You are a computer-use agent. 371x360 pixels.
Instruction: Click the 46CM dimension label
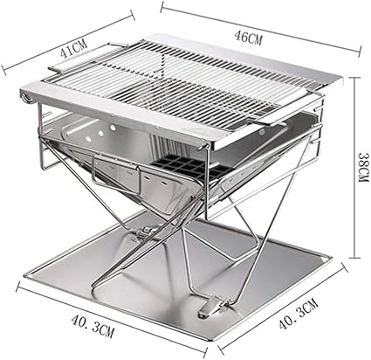pos(249,38)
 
